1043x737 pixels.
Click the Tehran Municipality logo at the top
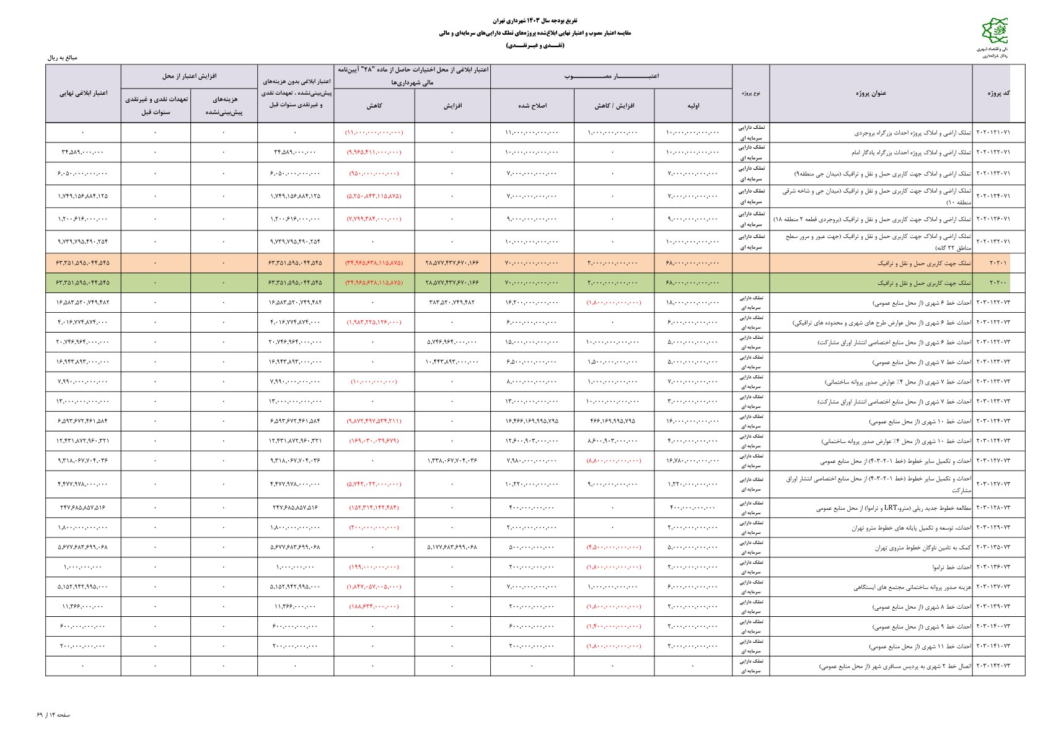pyautogui.click(x=995, y=31)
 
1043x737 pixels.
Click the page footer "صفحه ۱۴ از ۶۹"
pyautogui.click(x=53, y=715)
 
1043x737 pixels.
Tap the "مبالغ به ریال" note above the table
pyautogui.click(x=63, y=58)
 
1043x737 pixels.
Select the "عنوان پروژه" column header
pyautogui.click(x=871, y=94)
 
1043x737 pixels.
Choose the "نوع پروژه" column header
pyautogui.click(x=750, y=94)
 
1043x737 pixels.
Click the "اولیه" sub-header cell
pyautogui.click(x=693, y=106)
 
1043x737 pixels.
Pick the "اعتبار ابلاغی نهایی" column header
pyautogui.click(x=83, y=94)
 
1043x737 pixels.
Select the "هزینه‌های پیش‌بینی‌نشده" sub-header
pyautogui.click(x=224, y=106)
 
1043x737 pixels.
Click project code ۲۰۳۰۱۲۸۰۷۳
pyautogui.click(x=993, y=508)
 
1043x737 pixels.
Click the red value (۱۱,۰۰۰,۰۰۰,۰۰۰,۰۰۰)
pyautogui.click(x=374, y=133)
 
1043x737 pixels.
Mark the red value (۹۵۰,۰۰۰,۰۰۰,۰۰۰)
pyautogui.click(x=374, y=173)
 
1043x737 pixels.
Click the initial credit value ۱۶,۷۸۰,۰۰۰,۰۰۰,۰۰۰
pyautogui.click(x=693, y=461)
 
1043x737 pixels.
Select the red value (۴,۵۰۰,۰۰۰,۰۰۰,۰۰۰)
pyautogui.click(x=614, y=547)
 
